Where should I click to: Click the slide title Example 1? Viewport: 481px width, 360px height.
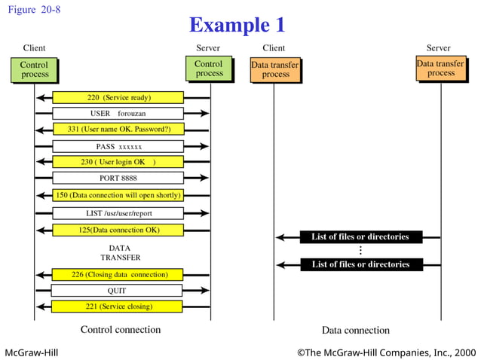click(237, 25)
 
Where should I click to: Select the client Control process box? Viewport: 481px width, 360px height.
click(35, 70)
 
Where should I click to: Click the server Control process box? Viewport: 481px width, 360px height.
click(210, 69)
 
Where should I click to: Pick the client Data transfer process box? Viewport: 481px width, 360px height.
click(275, 70)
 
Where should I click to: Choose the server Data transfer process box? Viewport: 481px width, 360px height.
click(441, 69)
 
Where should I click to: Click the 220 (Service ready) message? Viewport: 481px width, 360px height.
click(118, 97)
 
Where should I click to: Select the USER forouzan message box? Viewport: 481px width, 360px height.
click(118, 113)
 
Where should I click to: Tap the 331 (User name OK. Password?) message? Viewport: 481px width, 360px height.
click(118, 130)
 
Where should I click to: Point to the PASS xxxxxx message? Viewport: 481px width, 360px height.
click(118, 146)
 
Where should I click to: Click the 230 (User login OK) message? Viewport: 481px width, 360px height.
click(118, 162)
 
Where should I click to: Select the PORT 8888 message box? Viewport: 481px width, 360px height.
click(118, 178)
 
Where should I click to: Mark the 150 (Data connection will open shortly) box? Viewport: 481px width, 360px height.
click(118, 195)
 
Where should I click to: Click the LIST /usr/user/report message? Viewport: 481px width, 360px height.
click(118, 213)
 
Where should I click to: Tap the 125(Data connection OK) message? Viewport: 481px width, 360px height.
click(118, 229)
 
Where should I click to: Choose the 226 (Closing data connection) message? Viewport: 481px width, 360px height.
click(118, 274)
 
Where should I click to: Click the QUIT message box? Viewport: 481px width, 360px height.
click(118, 290)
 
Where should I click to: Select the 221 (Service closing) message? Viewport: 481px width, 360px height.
click(118, 307)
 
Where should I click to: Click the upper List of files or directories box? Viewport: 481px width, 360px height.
click(360, 236)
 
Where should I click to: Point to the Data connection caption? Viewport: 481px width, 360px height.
click(356, 330)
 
